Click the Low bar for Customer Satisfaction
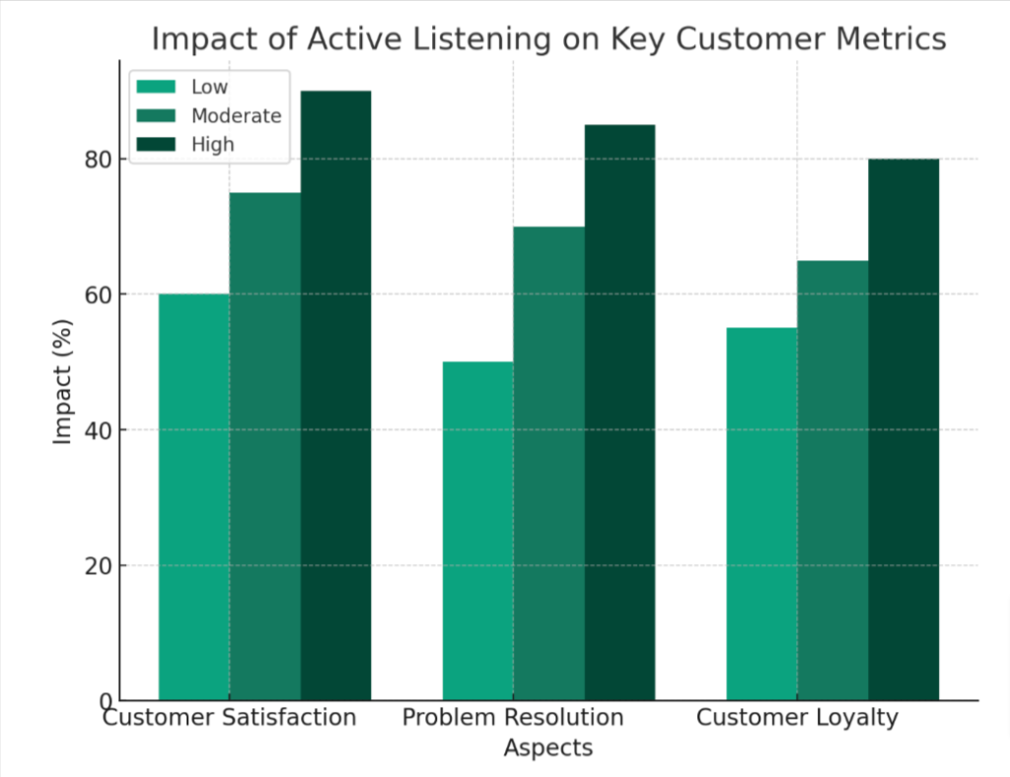(x=194, y=497)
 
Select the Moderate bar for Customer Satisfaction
(x=265, y=446)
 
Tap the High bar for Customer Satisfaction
(x=335, y=395)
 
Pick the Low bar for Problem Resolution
(x=478, y=531)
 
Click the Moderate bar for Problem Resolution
(x=548, y=463)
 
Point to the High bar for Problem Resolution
(x=619, y=412)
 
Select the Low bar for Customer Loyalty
(x=762, y=515)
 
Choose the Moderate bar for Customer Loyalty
(x=832, y=480)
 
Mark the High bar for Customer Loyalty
(x=903, y=429)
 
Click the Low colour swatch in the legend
(x=156, y=86)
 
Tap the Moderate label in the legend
(x=237, y=116)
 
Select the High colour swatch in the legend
(x=156, y=144)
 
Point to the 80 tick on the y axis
(x=98, y=159)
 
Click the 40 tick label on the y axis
(x=98, y=430)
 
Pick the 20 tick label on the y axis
(x=98, y=566)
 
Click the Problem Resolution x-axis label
(x=513, y=717)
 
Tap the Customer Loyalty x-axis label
(x=797, y=718)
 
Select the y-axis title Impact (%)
(x=62, y=382)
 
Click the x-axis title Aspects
(x=548, y=748)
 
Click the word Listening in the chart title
(x=481, y=39)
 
